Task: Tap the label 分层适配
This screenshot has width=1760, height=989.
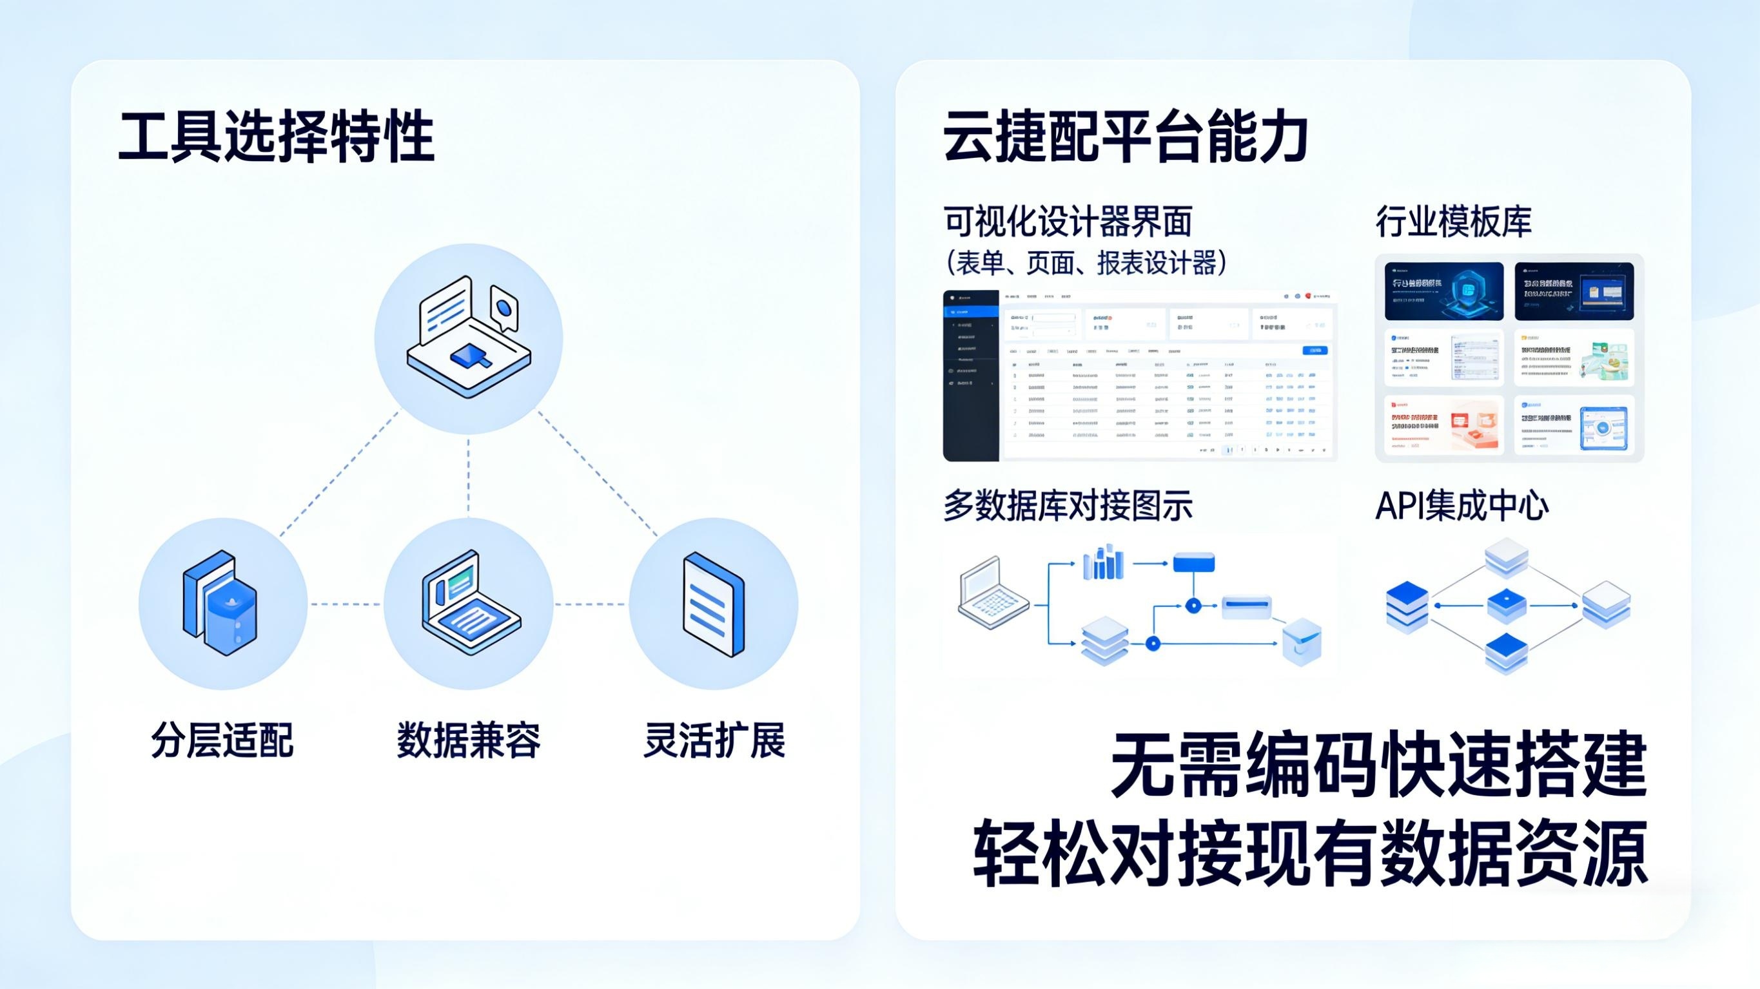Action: point(222,740)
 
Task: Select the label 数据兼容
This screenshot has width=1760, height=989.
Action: point(469,740)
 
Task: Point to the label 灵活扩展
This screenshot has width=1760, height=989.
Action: point(714,740)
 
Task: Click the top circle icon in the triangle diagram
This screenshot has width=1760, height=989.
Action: point(469,338)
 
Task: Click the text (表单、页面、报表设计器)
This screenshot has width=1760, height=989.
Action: point(1086,263)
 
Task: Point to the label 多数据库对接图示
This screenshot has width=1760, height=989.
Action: point(1068,506)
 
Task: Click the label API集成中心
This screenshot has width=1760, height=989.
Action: point(1462,506)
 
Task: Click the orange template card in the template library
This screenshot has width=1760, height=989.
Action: point(1443,425)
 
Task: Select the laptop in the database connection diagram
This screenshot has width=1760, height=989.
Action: point(993,593)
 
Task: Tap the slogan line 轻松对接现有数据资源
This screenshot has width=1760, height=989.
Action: point(1310,854)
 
